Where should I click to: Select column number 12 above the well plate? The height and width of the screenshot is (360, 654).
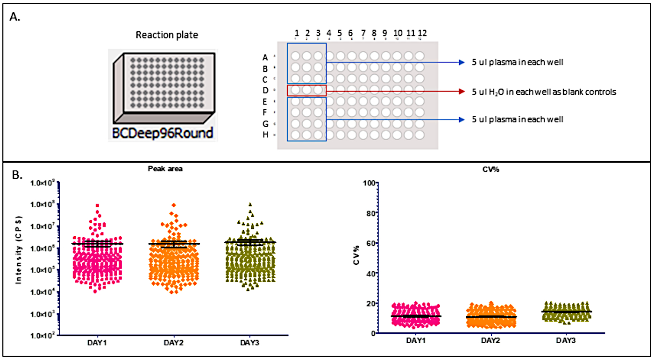[422, 33]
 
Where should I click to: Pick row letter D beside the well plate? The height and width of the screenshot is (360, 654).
[265, 90]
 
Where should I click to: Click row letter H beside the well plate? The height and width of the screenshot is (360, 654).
[265, 135]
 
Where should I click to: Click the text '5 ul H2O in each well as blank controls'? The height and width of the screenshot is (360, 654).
[544, 92]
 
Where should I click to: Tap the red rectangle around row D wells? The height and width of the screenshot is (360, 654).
[306, 90]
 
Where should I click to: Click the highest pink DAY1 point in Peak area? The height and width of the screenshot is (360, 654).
[97, 205]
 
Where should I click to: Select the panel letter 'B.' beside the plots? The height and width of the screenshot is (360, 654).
[15, 176]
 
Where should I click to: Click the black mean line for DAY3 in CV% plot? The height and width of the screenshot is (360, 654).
[566, 311]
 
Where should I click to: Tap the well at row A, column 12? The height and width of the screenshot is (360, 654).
[419, 56]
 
